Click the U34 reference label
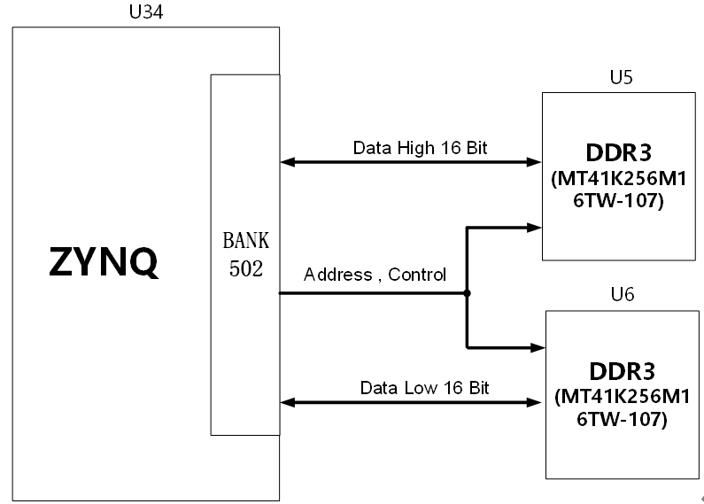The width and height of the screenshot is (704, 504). [x=146, y=12]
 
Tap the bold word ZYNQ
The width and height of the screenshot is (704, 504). [x=104, y=262]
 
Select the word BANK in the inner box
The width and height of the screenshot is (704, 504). [x=246, y=240]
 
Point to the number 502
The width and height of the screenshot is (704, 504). [x=246, y=268]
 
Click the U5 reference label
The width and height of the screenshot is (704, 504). [x=622, y=77]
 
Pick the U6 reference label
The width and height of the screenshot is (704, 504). [x=623, y=295]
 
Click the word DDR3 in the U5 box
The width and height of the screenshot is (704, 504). [x=619, y=152]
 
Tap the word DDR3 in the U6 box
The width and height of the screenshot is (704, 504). [x=623, y=371]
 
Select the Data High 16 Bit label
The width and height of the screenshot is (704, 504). [x=420, y=148]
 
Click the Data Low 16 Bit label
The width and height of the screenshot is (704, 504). [x=424, y=388]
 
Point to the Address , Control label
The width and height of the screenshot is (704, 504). [x=375, y=275]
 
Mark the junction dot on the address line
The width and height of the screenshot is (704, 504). [x=467, y=293]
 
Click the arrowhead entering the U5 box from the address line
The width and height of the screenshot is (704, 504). [x=534, y=228]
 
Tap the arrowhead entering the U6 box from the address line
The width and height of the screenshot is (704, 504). [x=538, y=348]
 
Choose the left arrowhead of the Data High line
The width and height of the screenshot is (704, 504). [x=288, y=162]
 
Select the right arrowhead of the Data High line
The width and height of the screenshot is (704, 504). [x=534, y=162]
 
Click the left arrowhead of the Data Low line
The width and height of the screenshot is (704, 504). [x=288, y=402]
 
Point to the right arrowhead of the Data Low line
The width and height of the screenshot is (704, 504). [x=534, y=402]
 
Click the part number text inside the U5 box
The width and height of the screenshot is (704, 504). [x=619, y=190]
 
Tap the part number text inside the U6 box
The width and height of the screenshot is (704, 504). [x=623, y=407]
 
